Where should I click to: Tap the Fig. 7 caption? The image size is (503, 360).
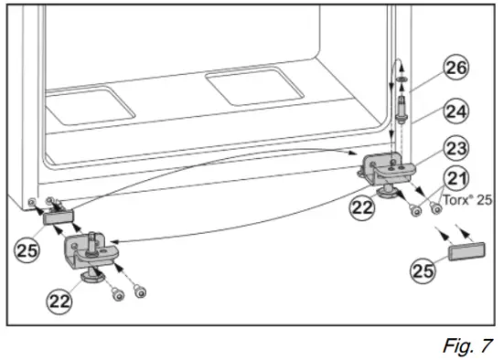point(469,345)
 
